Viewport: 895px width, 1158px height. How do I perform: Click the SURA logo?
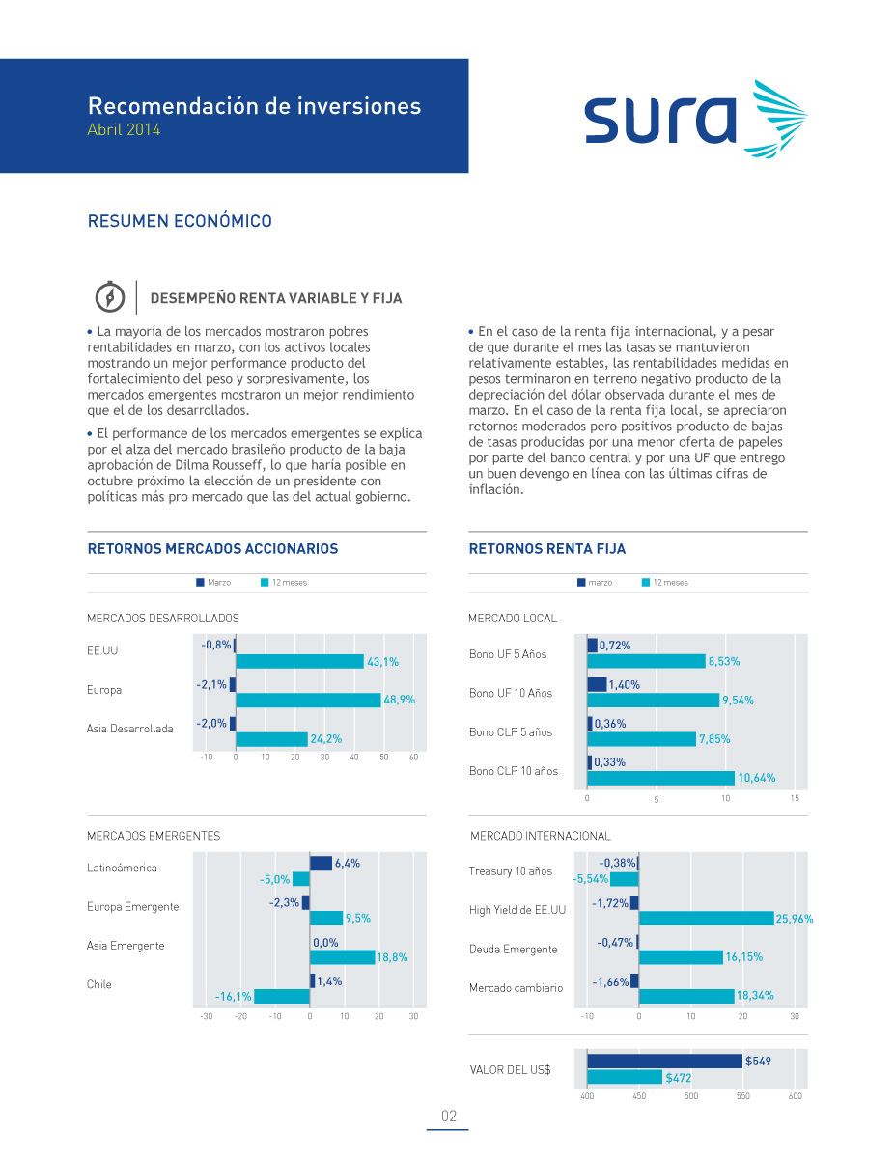coord(694,119)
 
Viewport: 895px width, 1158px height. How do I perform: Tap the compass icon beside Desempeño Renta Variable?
coord(110,297)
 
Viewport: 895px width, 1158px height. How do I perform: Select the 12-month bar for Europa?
coord(309,700)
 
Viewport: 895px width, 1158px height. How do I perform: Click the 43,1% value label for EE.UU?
coord(382,662)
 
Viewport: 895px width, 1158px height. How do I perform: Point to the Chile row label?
coord(99,984)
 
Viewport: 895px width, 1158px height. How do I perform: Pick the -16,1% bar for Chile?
coord(281,996)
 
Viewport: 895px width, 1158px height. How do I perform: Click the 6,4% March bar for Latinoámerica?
coord(321,864)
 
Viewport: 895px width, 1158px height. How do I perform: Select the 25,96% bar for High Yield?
coord(706,919)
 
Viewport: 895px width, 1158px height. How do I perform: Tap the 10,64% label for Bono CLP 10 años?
coord(756,778)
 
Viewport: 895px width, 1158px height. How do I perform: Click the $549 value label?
coord(758,1061)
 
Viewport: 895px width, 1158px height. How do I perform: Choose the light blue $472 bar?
coord(625,1077)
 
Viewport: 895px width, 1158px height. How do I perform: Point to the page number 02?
coord(449,1117)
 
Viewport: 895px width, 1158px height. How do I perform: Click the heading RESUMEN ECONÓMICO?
coord(180,221)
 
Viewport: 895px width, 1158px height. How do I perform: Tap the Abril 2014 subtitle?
coord(124,129)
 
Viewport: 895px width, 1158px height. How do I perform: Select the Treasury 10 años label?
coord(511,871)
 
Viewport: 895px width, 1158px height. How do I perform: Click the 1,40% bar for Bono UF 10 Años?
coord(597,684)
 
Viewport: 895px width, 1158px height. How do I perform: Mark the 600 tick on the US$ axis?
coord(795,1096)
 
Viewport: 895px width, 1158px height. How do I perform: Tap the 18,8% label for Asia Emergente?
coord(392,957)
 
